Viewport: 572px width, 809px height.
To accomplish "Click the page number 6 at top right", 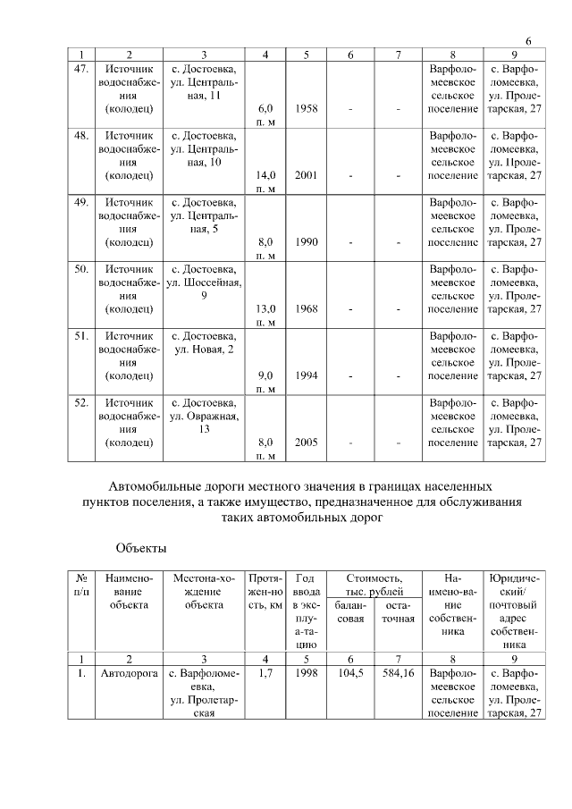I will click(528, 42).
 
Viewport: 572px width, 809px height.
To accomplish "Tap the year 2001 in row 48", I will click(307, 175).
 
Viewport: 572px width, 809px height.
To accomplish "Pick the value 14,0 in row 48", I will click(265, 175).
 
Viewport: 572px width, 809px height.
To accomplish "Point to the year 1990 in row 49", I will click(307, 241).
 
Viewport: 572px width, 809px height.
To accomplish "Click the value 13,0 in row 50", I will click(265, 308).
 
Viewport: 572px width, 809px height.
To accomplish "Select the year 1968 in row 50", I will click(307, 308).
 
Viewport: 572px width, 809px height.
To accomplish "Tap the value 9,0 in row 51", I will click(265, 375).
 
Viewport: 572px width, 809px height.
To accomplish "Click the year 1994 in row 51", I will click(307, 375).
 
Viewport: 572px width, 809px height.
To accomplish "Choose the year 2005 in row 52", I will click(307, 442).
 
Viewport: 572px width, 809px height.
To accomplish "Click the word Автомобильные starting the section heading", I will click(158, 487).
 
